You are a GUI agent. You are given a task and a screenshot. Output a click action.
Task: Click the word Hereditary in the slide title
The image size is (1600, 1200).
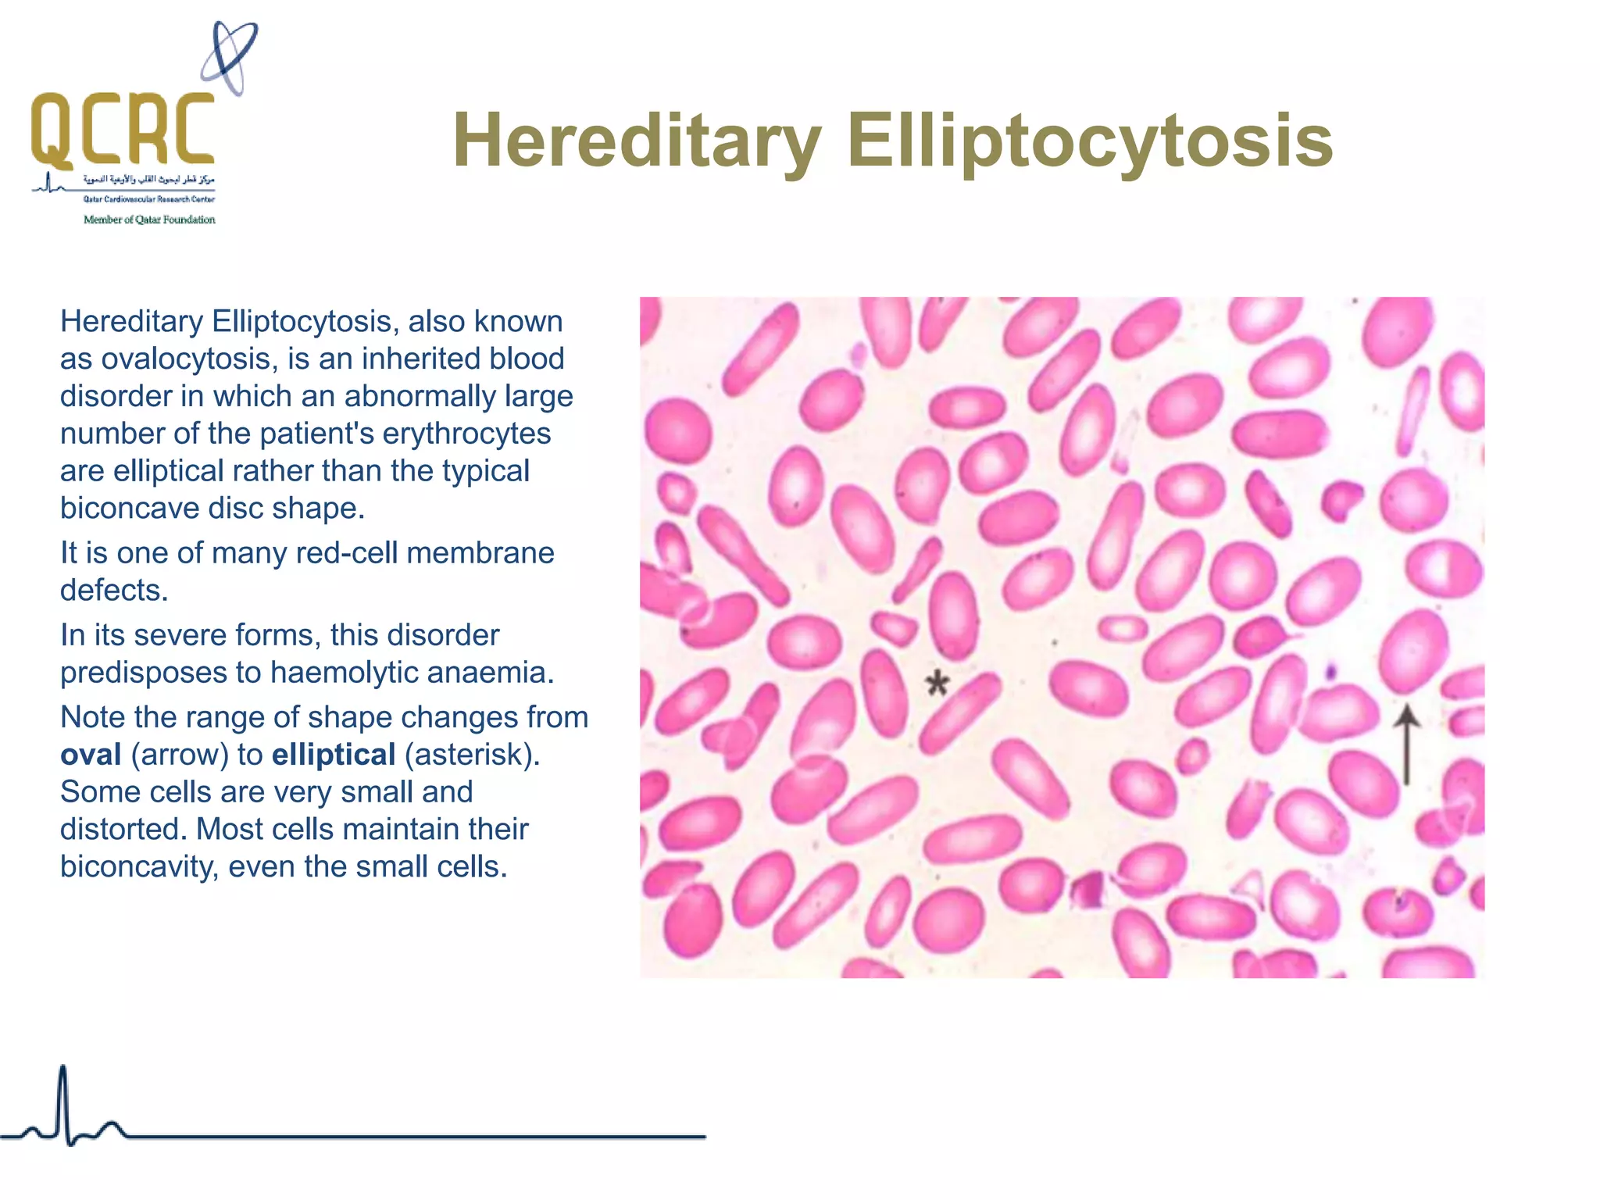pyautogui.click(x=637, y=141)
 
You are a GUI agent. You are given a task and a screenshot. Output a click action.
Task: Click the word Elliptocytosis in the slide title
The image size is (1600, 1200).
pyautogui.click(x=1090, y=141)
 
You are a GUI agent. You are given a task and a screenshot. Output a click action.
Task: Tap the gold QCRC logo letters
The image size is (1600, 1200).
pyautogui.click(x=123, y=129)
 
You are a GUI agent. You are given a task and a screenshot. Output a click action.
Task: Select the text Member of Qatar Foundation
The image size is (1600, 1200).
pyautogui.click(x=149, y=220)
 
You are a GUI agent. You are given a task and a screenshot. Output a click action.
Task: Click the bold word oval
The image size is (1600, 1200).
pyautogui.click(x=91, y=755)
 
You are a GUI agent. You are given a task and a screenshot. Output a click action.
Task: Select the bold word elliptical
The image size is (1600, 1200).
pyautogui.click(x=334, y=755)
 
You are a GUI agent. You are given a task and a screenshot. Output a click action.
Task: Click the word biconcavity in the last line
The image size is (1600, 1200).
pyautogui.click(x=138, y=866)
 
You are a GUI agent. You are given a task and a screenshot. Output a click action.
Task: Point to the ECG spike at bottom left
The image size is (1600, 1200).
pyautogui.click(x=63, y=1102)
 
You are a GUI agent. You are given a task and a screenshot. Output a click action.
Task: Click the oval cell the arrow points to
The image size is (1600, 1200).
pyautogui.click(x=1412, y=652)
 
